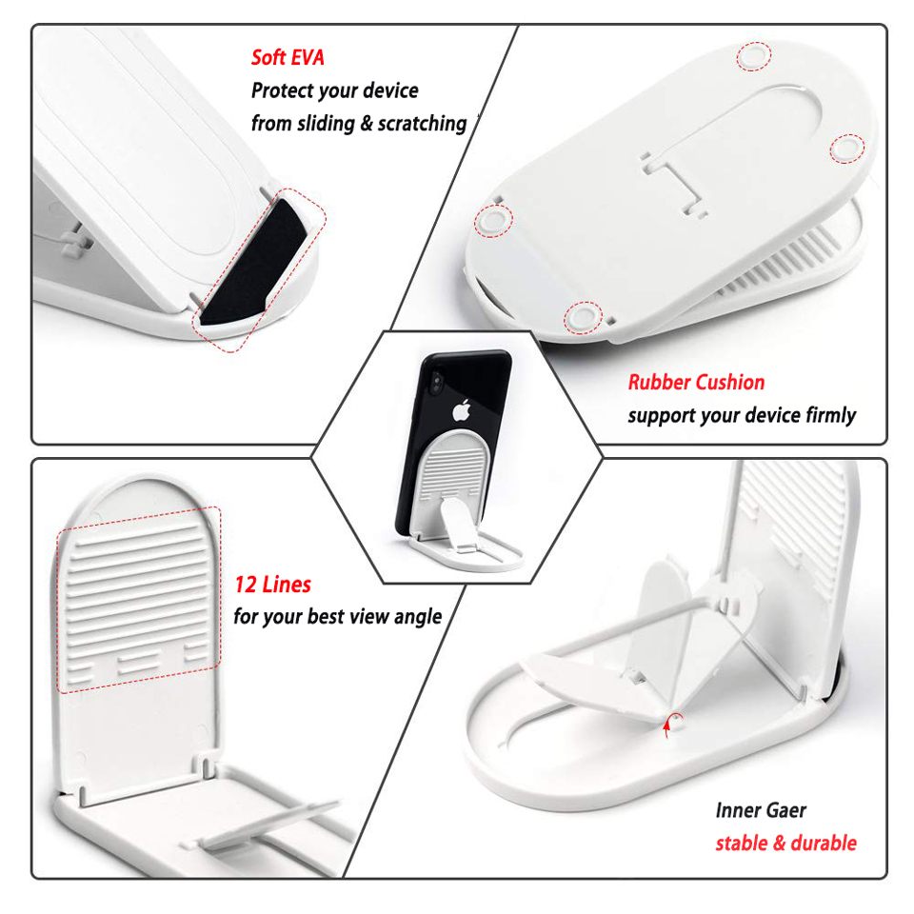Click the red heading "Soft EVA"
(288, 57)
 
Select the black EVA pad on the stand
(254, 262)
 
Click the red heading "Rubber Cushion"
(696, 383)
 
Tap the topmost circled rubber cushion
(754, 56)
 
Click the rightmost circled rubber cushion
(846, 149)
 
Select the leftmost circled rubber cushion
(493, 220)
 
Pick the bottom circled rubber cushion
(583, 318)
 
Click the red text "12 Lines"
(273, 584)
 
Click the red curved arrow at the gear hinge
(671, 722)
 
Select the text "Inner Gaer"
(761, 810)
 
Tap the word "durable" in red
(824, 843)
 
